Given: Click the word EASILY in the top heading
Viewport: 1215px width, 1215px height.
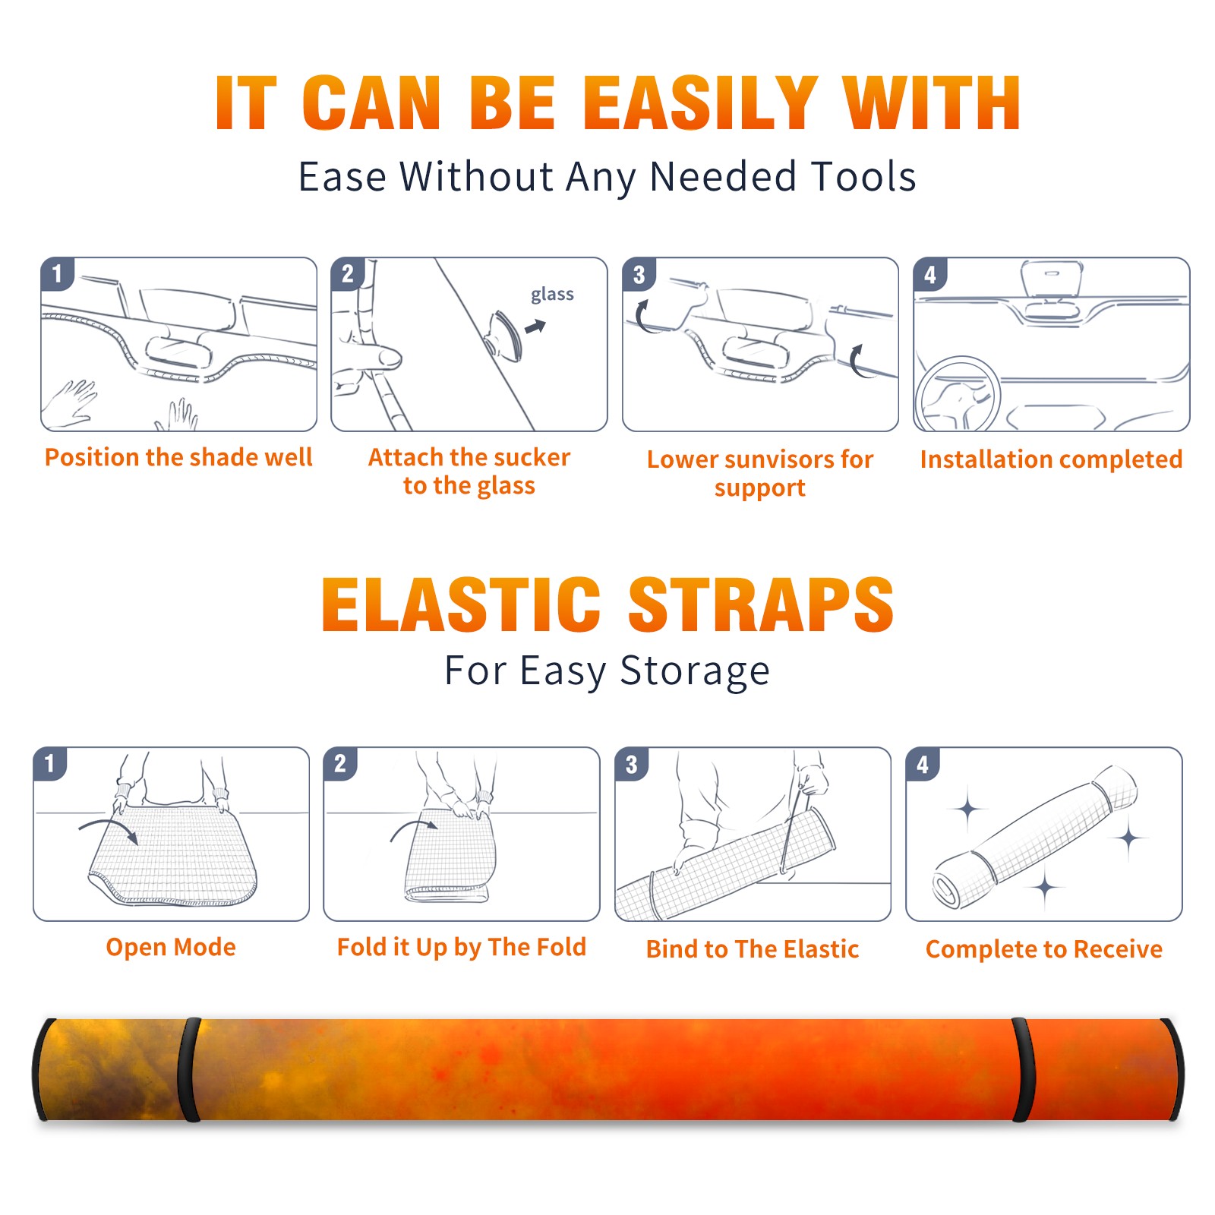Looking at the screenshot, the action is click(x=700, y=103).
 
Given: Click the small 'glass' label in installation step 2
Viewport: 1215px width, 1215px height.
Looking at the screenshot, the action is click(x=552, y=295).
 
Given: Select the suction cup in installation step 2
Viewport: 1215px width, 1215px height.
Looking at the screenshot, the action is click(x=504, y=335).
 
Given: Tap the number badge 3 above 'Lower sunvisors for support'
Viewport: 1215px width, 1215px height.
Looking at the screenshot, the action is click(x=639, y=274).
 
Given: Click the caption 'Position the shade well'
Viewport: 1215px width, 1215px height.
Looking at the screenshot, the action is click(x=178, y=457).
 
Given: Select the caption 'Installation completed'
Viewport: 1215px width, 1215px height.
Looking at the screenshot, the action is click(x=1051, y=459).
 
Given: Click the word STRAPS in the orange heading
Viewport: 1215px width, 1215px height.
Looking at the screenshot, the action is click(x=761, y=604).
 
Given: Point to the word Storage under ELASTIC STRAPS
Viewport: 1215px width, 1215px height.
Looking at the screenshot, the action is click(x=695, y=671).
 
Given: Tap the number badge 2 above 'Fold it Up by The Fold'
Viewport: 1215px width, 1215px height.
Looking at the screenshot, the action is click(x=339, y=763).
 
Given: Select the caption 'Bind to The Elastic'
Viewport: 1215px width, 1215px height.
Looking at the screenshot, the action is click(x=752, y=949).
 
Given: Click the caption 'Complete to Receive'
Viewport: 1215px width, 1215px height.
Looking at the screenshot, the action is click(x=1044, y=949).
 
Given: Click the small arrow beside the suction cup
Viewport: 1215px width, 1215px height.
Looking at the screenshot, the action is click(x=535, y=327).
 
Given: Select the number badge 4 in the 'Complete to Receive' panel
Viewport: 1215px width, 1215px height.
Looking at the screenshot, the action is click(x=922, y=764).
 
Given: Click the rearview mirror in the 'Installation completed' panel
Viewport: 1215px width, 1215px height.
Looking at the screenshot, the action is click(x=1052, y=278).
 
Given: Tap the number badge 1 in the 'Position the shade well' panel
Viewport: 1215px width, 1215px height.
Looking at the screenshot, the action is click(x=57, y=273).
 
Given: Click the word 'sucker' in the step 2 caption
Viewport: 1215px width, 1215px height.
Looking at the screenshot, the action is click(x=532, y=457).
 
